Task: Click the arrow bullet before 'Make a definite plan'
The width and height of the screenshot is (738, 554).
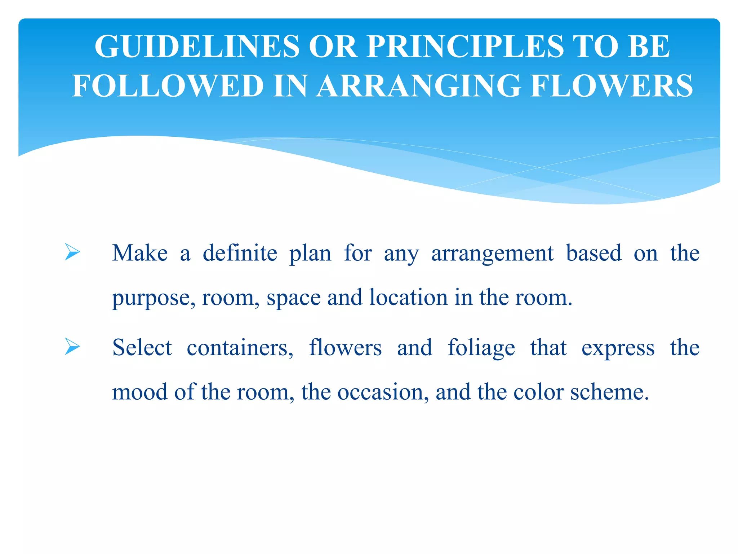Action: click(x=72, y=252)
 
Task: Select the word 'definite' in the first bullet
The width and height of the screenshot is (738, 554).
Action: click(x=240, y=253)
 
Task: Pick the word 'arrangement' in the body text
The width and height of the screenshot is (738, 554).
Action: click(x=492, y=254)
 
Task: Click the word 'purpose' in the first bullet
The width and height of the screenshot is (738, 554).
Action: click(x=154, y=299)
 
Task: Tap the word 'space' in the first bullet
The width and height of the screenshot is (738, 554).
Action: click(x=293, y=299)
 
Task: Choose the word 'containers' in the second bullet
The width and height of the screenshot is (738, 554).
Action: click(x=240, y=348)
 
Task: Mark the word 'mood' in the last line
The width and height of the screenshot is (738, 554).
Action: click(x=140, y=392)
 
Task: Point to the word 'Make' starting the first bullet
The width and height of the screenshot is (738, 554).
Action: click(x=140, y=253)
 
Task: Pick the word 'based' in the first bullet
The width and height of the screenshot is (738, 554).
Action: click(x=593, y=253)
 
